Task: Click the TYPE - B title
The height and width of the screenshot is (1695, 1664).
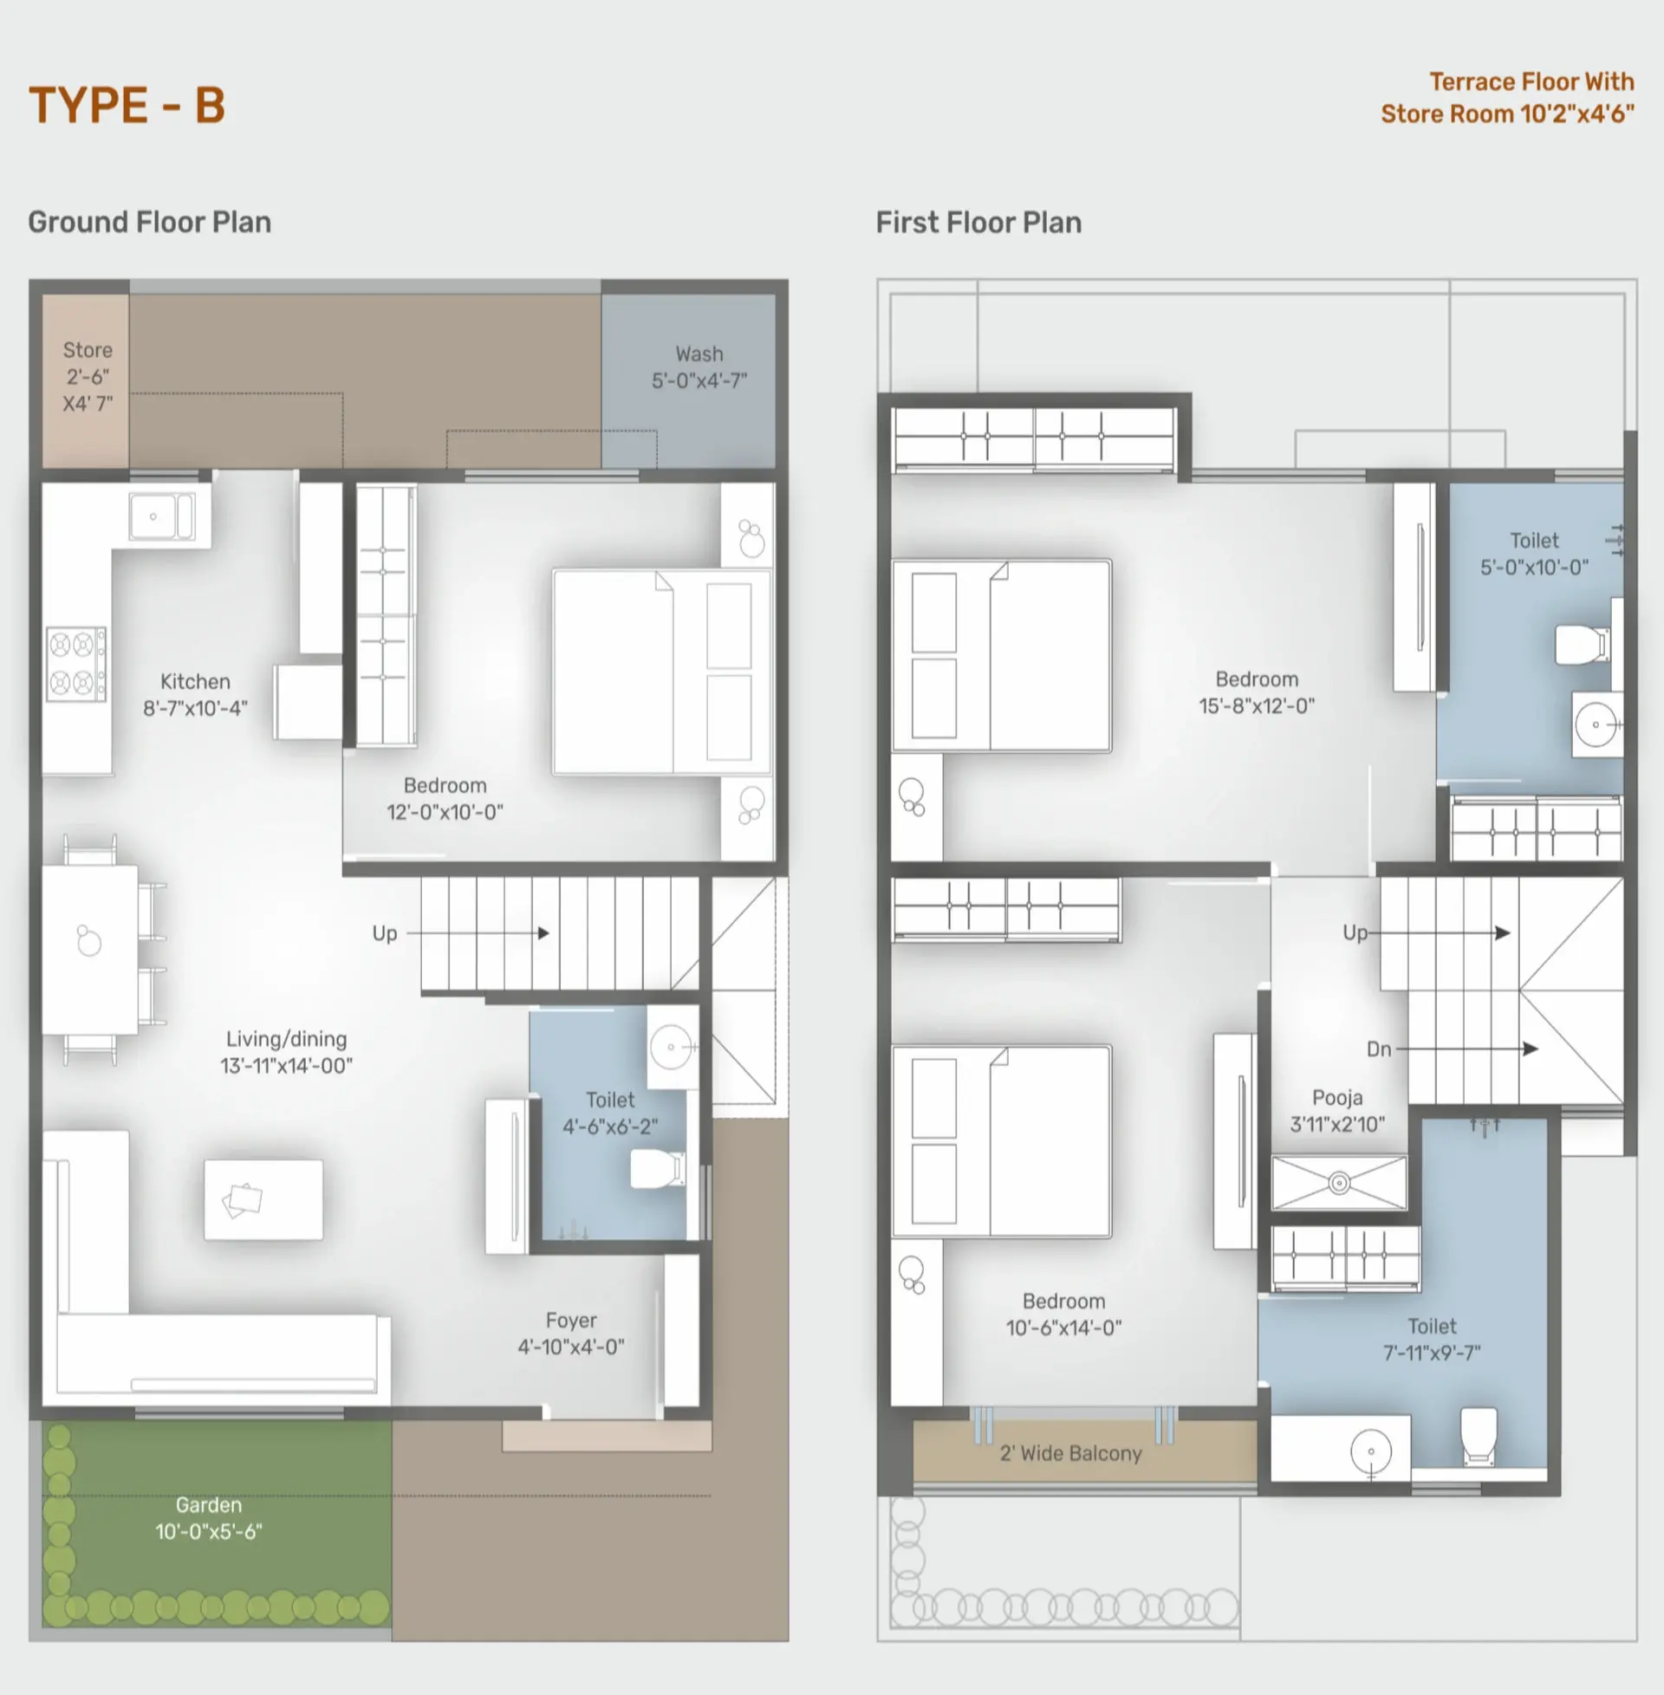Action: click(x=127, y=106)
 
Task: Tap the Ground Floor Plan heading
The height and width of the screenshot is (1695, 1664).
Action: click(x=149, y=222)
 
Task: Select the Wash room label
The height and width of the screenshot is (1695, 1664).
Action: click(x=699, y=354)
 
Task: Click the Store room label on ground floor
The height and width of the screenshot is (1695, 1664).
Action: click(x=88, y=350)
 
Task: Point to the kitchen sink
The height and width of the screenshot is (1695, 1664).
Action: click(x=162, y=516)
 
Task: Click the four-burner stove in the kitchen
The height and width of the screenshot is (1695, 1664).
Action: click(x=76, y=664)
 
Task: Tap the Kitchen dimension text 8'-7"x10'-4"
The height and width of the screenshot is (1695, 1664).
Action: click(x=196, y=708)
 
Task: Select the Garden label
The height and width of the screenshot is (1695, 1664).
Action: click(x=208, y=1504)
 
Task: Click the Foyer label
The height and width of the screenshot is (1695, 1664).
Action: click(x=571, y=1320)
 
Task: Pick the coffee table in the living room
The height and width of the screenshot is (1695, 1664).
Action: click(x=263, y=1199)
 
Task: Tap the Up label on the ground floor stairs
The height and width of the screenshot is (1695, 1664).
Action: click(x=385, y=933)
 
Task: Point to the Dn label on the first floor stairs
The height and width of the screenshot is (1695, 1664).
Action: click(x=1379, y=1049)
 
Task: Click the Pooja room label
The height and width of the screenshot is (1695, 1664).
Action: click(x=1337, y=1097)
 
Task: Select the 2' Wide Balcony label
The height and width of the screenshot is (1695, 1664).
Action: click(x=1070, y=1453)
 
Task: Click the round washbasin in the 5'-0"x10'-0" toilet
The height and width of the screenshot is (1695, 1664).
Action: click(x=1596, y=724)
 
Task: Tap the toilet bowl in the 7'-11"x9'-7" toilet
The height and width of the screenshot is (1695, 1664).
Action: click(x=1479, y=1436)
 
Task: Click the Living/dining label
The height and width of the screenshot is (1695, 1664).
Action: click(x=287, y=1039)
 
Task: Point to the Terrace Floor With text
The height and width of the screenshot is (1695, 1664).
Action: click(x=1532, y=82)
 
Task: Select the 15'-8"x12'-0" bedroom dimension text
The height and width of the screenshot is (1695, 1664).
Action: click(x=1257, y=706)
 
